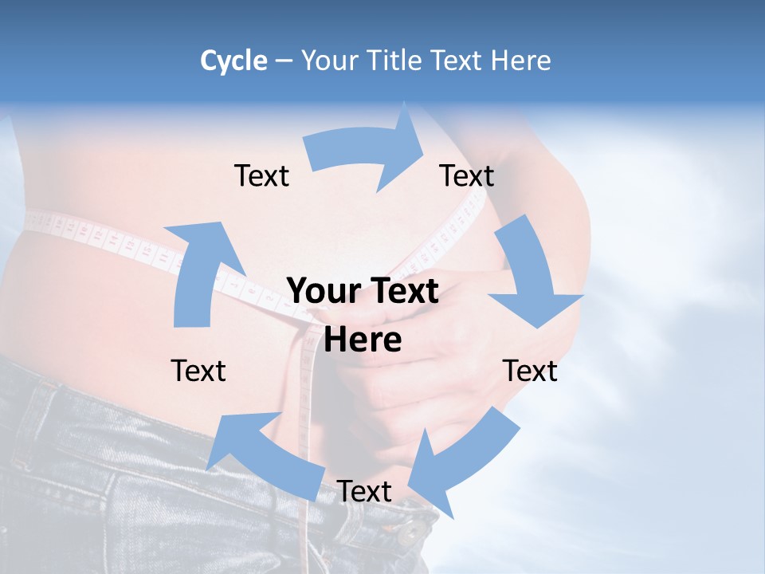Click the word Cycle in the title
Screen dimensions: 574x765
tap(233, 61)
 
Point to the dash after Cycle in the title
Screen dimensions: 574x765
tap(284, 61)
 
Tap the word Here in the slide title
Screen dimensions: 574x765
tap(521, 61)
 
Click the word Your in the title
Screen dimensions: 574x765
tap(328, 61)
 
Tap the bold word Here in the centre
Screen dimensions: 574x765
tap(363, 340)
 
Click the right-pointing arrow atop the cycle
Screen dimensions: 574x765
tap(367, 151)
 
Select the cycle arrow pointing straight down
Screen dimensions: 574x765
tap(530, 275)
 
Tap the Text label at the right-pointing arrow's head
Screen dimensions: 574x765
tap(467, 175)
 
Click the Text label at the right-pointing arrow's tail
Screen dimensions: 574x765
tap(261, 175)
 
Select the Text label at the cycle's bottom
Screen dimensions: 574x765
tap(364, 491)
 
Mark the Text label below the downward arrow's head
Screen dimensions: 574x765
tap(531, 371)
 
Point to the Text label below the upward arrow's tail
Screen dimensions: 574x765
tap(198, 371)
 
